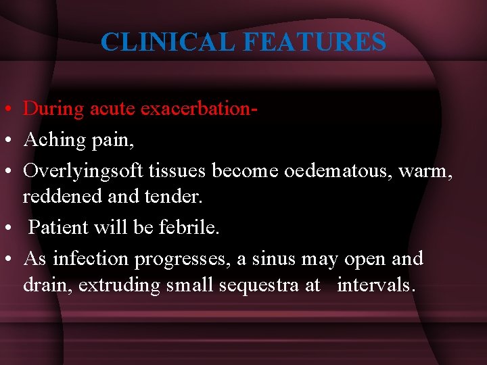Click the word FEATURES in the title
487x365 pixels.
314,42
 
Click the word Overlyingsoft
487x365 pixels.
83,171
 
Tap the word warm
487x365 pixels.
425,171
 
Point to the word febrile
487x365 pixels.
189,227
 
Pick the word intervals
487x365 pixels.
375,285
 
